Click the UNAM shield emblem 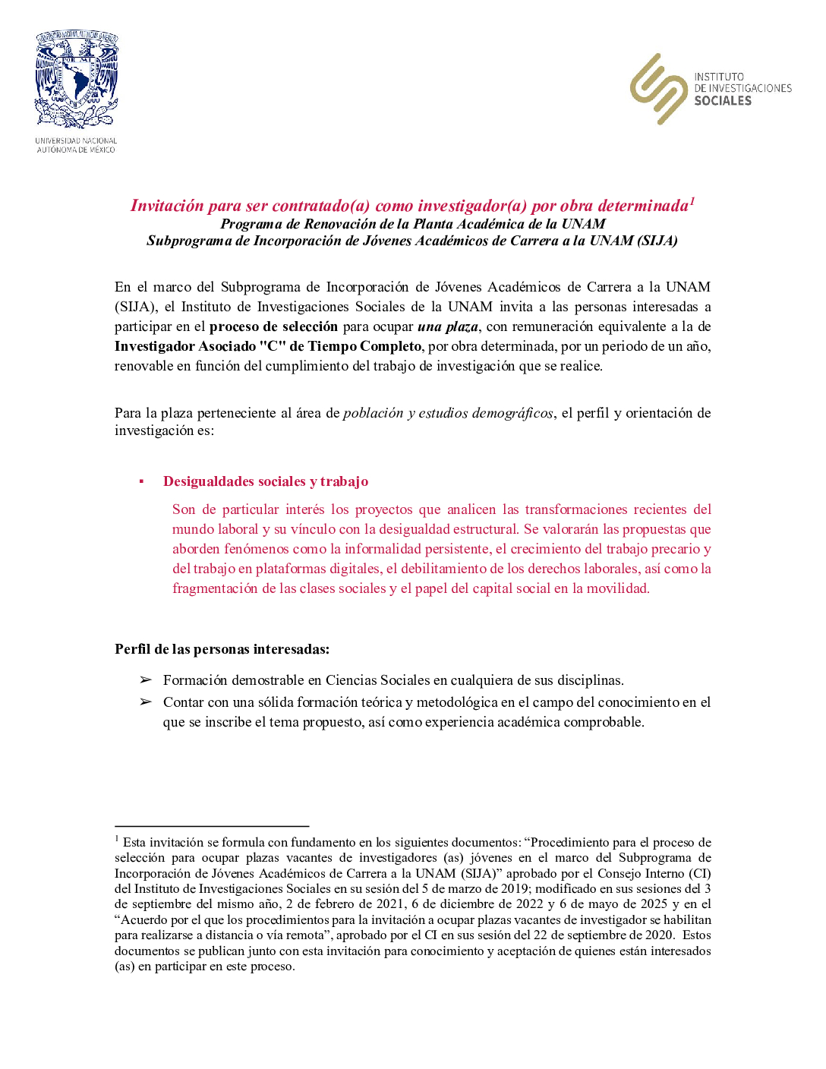(76, 78)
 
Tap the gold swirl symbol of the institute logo (658, 89)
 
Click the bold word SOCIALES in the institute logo (723, 101)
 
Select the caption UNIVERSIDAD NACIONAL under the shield (76, 140)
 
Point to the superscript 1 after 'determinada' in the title (692, 200)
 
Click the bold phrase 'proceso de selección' (273, 326)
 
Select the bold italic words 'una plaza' (448, 326)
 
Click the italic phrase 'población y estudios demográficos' (448, 413)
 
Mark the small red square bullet (141, 481)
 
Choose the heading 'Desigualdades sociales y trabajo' (266, 481)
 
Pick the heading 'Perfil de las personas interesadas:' (222, 649)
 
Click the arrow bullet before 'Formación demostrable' (146, 680)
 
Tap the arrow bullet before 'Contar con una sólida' (146, 702)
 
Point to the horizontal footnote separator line (212, 826)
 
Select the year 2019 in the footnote (515, 889)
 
